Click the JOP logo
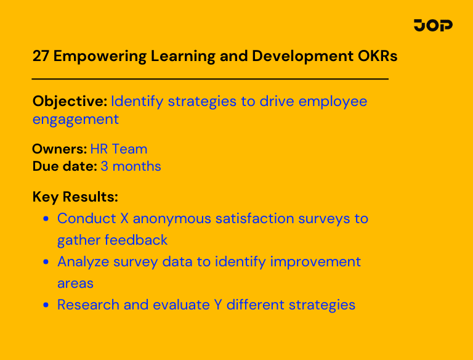pyautogui.click(x=433, y=25)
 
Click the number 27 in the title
pyautogui.click(x=41, y=56)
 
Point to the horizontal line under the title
pyautogui.click(x=210, y=79)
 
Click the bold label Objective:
pyautogui.click(x=70, y=101)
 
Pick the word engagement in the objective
pyautogui.click(x=75, y=119)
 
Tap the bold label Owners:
pyautogui.click(x=59, y=149)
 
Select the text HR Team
pyautogui.click(x=119, y=149)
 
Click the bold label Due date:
pyautogui.click(x=65, y=166)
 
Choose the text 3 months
pyautogui.click(x=131, y=166)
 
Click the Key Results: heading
pyautogui.click(x=75, y=197)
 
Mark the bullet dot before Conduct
pyautogui.click(x=46, y=219)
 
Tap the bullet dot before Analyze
pyautogui.click(x=46, y=262)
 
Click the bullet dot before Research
pyautogui.click(x=46, y=305)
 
